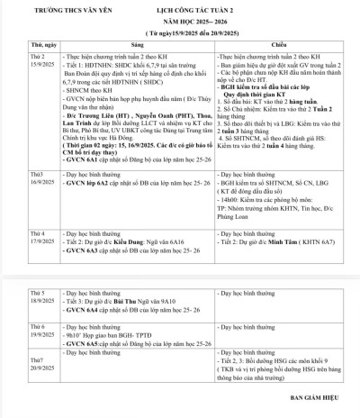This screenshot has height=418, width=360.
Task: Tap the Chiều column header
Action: point(280,43)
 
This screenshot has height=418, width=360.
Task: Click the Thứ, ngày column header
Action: point(20,43)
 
